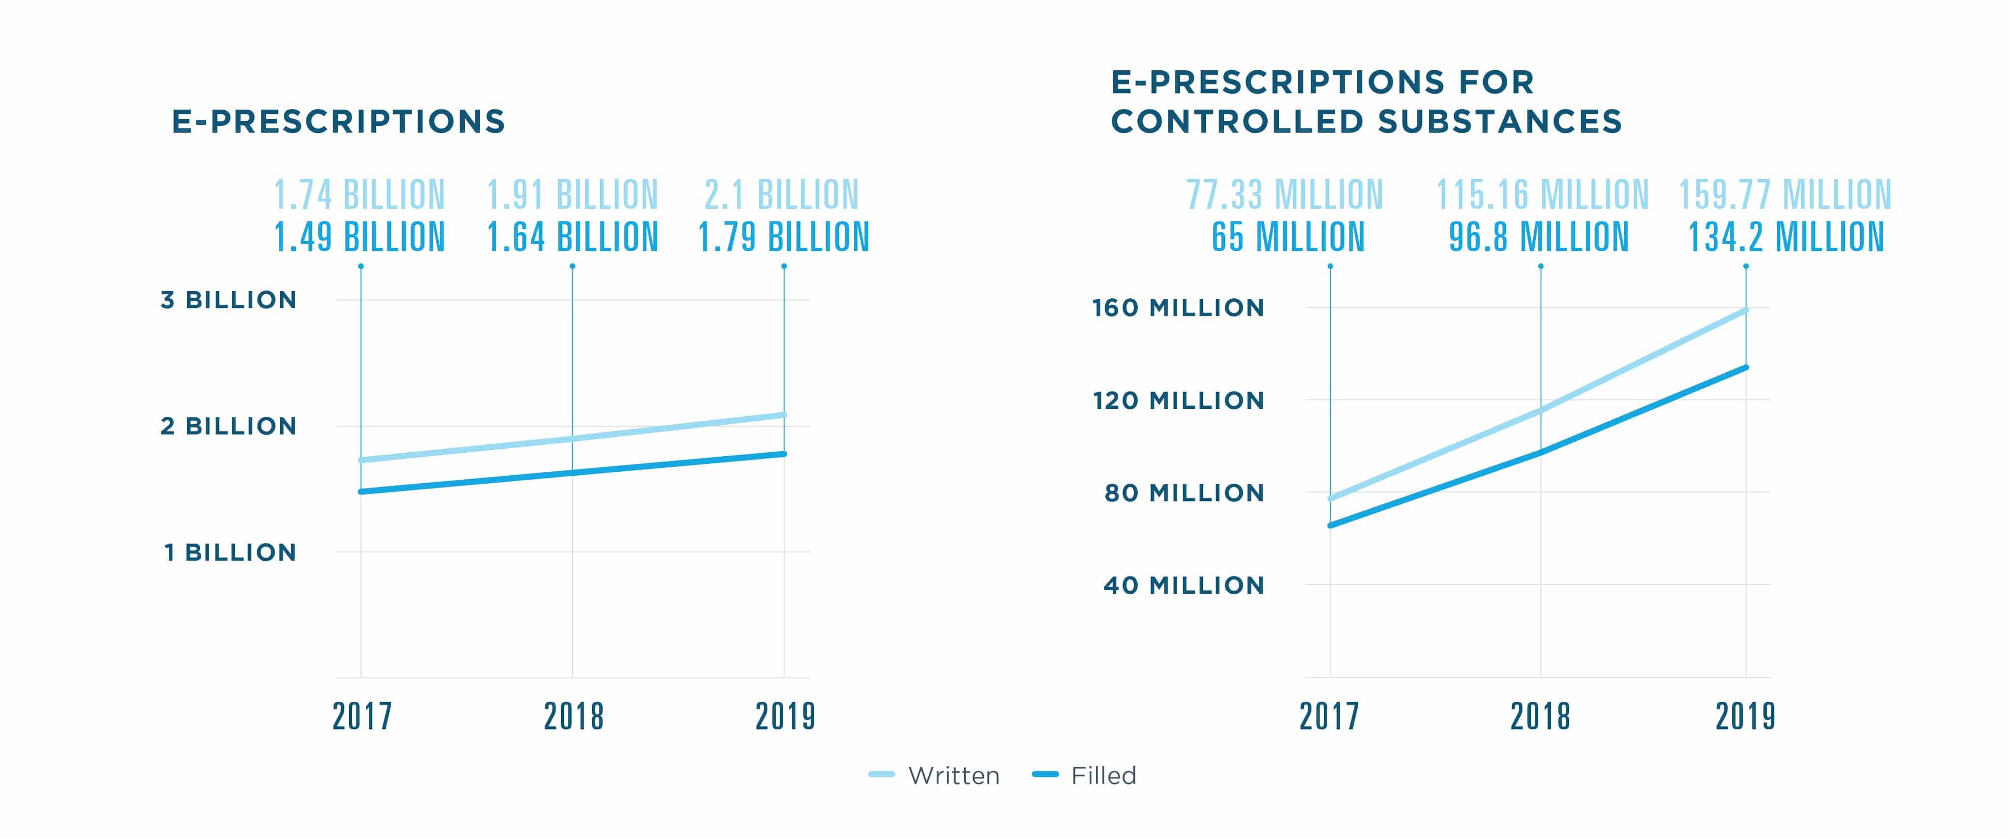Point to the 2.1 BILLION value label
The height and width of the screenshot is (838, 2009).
tap(782, 195)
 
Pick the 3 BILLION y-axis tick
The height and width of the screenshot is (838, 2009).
tap(229, 300)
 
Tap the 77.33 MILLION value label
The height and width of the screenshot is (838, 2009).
tap(1284, 195)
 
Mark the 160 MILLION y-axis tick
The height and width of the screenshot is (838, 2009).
tap(1178, 308)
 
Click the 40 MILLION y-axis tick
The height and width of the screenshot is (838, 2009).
tap(1183, 585)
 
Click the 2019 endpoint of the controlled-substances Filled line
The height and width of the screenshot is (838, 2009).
tap(1745, 367)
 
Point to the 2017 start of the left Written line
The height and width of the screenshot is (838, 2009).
tap(361, 460)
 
